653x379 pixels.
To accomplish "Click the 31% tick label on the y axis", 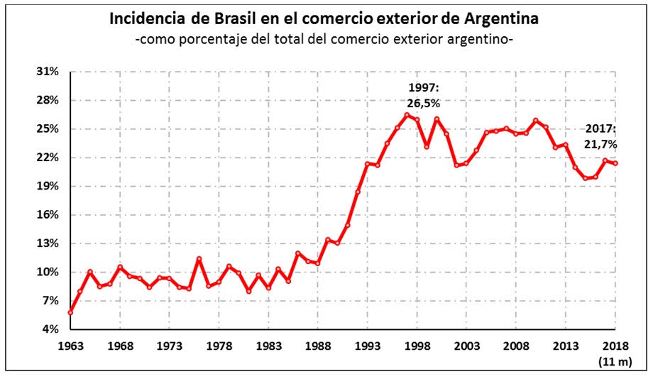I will (49, 72).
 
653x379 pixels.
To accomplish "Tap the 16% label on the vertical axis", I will (49, 215).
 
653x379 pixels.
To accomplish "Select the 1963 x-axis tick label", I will (70, 345).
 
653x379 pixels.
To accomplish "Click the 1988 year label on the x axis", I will (318, 345).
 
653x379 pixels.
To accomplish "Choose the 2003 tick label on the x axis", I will (466, 345).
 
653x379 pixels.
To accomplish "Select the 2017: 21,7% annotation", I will (601, 136).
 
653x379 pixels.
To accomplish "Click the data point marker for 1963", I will (70, 312).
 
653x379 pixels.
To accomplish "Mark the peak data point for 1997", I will (407, 115).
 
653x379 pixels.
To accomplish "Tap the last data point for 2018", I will (615, 163).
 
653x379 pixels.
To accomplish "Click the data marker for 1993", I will (367, 164).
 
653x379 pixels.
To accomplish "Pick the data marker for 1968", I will (120, 267).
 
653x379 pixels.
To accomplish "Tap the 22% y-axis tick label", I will (49, 158).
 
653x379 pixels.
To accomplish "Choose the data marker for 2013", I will (565, 145).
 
